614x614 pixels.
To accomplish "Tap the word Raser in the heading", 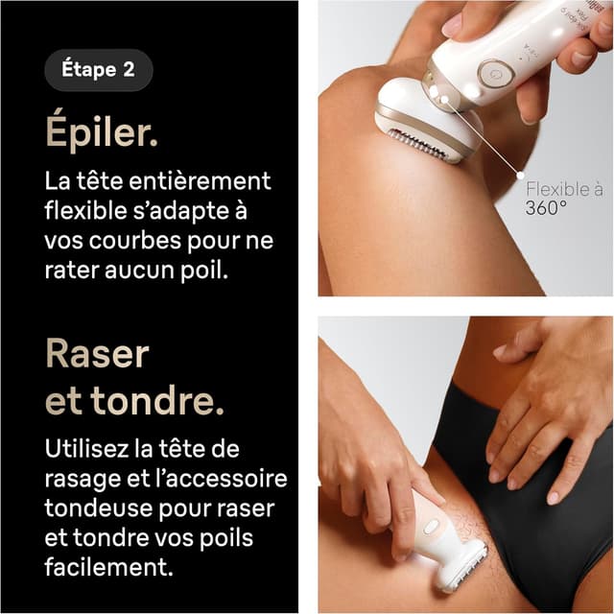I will pyautogui.click(x=97, y=354).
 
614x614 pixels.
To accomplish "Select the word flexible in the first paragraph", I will pyautogui.click(x=82, y=210).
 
